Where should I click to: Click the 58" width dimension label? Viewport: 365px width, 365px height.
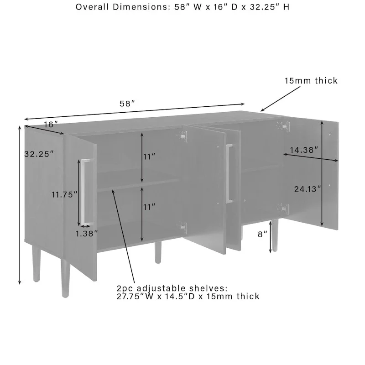pyautogui.click(x=127, y=104)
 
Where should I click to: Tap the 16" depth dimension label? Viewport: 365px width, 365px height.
pyautogui.click(x=51, y=124)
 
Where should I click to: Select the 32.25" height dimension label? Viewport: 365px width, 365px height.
pyautogui.click(x=39, y=154)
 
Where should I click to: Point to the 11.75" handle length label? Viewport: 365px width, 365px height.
pyautogui.click(x=63, y=194)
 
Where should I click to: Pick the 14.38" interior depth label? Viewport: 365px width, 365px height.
pyautogui.click(x=303, y=149)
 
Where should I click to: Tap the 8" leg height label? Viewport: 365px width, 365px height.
pyautogui.click(x=263, y=234)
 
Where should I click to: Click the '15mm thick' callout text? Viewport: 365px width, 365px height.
pyautogui.click(x=311, y=81)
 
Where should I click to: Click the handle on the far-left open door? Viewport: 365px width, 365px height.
pyautogui.click(x=85, y=192)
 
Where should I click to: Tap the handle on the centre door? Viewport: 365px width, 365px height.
pyautogui.click(x=229, y=173)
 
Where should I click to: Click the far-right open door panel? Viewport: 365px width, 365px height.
pyautogui.click(x=329, y=173)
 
